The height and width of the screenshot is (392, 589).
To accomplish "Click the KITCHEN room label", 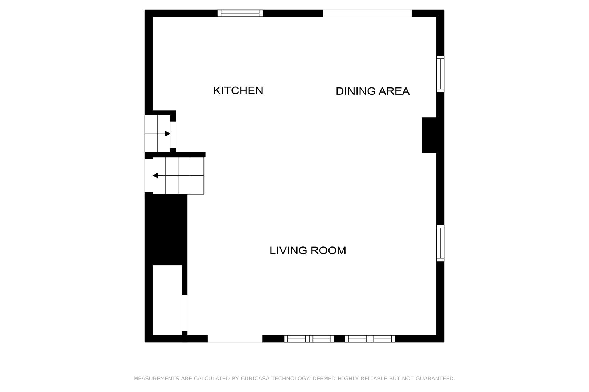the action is [x=238, y=91].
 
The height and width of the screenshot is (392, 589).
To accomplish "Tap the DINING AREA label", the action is [x=372, y=91].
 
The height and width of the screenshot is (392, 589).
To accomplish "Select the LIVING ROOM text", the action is [x=308, y=250].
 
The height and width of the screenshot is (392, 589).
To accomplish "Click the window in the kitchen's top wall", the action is [x=240, y=13].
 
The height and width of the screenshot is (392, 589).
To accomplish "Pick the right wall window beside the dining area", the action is [x=440, y=74].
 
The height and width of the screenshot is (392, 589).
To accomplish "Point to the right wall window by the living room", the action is [x=440, y=243].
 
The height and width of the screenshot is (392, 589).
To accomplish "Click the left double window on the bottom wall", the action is [x=309, y=339].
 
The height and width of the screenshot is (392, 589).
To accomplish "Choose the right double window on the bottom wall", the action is [x=370, y=339].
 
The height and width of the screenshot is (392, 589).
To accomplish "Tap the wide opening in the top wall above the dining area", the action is [x=367, y=13].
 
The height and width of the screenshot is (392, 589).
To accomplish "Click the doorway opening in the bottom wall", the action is [x=235, y=339].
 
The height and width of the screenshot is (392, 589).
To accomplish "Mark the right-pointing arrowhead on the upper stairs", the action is [x=168, y=134].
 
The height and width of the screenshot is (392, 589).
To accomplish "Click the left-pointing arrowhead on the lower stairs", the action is [x=155, y=176].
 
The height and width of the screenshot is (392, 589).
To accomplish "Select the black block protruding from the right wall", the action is [x=429, y=135].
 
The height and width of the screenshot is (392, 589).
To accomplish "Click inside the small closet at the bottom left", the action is [x=167, y=300].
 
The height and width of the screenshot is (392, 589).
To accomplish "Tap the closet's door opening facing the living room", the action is [x=185, y=313].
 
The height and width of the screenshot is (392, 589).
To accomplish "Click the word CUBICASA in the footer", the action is [x=255, y=379].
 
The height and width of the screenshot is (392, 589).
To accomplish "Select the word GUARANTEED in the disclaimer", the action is [x=435, y=379].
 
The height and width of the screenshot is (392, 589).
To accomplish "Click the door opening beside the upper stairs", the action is [x=173, y=135].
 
